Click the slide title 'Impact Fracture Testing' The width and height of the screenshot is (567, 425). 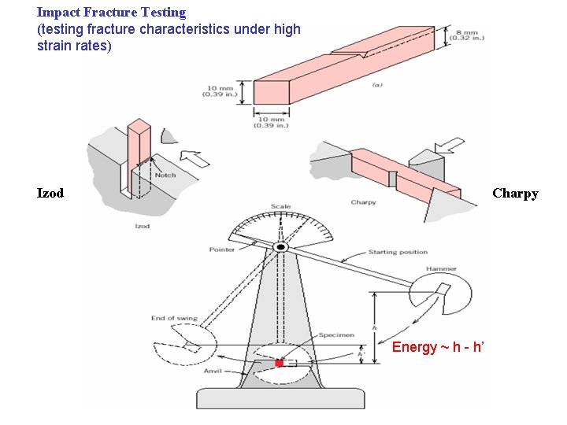tap(111, 13)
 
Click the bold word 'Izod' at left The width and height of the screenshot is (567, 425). tap(50, 193)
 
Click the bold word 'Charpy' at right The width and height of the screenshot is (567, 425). tap(515, 193)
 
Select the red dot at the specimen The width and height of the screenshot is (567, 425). tap(279, 363)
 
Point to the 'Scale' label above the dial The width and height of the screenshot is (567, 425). tap(280, 207)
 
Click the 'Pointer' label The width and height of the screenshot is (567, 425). tap(221, 249)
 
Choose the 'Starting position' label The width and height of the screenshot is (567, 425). tap(398, 253)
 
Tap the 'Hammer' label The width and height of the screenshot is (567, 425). tap(441, 269)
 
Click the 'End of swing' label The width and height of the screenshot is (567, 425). tap(174, 319)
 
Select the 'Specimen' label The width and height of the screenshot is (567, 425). tap(336, 335)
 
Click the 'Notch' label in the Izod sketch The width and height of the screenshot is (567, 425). tap(165, 175)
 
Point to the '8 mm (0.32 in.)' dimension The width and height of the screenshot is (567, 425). tap(470, 35)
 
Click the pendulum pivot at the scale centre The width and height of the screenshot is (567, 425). tap(280, 247)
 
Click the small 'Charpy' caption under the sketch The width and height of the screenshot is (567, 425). tap(363, 202)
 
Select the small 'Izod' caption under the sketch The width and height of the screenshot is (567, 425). tap(142, 226)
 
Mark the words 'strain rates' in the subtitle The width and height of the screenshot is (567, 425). tap(74, 46)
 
